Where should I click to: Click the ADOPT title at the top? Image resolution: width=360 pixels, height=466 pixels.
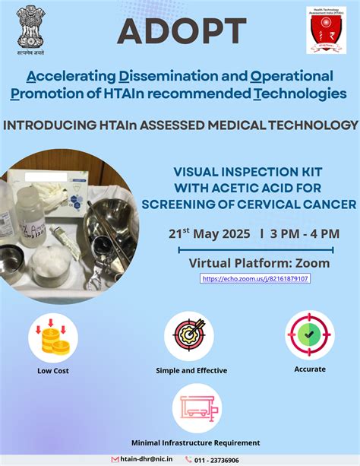point(182,31)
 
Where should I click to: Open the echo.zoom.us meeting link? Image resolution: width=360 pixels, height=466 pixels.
point(255,279)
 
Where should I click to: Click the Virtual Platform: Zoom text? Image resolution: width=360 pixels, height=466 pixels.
point(259,263)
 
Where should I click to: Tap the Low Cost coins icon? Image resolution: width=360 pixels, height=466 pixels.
point(52,337)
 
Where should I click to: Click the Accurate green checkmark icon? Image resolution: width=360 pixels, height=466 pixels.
point(309,334)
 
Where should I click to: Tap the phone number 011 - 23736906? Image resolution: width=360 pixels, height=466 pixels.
point(218,460)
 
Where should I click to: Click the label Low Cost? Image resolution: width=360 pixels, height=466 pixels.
point(52,371)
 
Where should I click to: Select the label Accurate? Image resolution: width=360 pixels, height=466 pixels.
point(309,369)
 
